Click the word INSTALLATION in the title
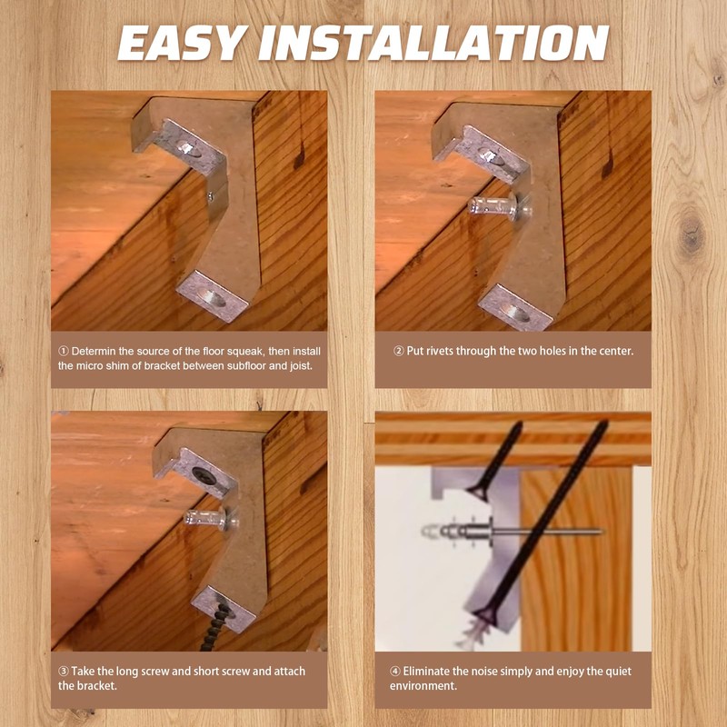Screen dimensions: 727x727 click(433, 43)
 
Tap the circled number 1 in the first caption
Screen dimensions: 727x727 click(63, 351)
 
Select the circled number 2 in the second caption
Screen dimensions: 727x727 click(398, 351)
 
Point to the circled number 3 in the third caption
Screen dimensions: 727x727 click(63, 671)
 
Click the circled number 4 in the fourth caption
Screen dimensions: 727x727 click(395, 671)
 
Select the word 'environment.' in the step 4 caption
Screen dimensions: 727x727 click(423, 686)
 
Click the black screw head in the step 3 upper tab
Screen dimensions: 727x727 click(204, 475)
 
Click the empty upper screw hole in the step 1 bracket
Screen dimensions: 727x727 click(189, 148)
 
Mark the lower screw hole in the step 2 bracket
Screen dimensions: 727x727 click(514, 313)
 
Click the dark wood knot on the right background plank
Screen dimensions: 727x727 click(691, 234)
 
